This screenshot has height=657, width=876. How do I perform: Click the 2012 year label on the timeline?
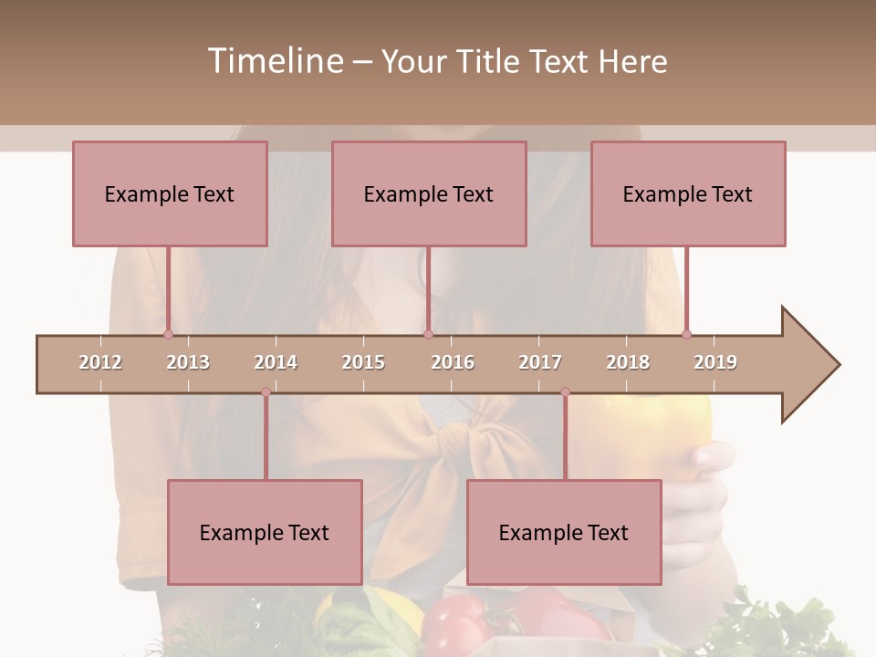100,362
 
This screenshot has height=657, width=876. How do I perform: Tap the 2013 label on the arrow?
188,362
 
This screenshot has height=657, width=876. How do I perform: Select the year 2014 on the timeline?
276,362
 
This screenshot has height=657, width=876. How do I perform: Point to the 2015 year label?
363,362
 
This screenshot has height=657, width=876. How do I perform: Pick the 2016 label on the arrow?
453,362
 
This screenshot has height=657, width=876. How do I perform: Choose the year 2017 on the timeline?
540,362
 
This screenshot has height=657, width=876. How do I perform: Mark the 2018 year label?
628,362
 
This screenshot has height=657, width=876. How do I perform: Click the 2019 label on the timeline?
715,362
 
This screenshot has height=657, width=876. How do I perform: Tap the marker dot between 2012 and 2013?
168,335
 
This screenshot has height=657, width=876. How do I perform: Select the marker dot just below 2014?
266,392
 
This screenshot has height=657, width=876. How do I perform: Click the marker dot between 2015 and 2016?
428,335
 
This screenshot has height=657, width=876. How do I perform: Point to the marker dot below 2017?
565,392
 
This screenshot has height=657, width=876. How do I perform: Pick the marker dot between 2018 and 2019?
686,335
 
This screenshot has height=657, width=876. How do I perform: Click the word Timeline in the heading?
274,61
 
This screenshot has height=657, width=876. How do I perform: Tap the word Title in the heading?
489,61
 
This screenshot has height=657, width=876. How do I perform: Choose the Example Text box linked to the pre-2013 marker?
170,193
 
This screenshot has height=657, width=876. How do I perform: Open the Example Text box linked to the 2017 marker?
564,532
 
